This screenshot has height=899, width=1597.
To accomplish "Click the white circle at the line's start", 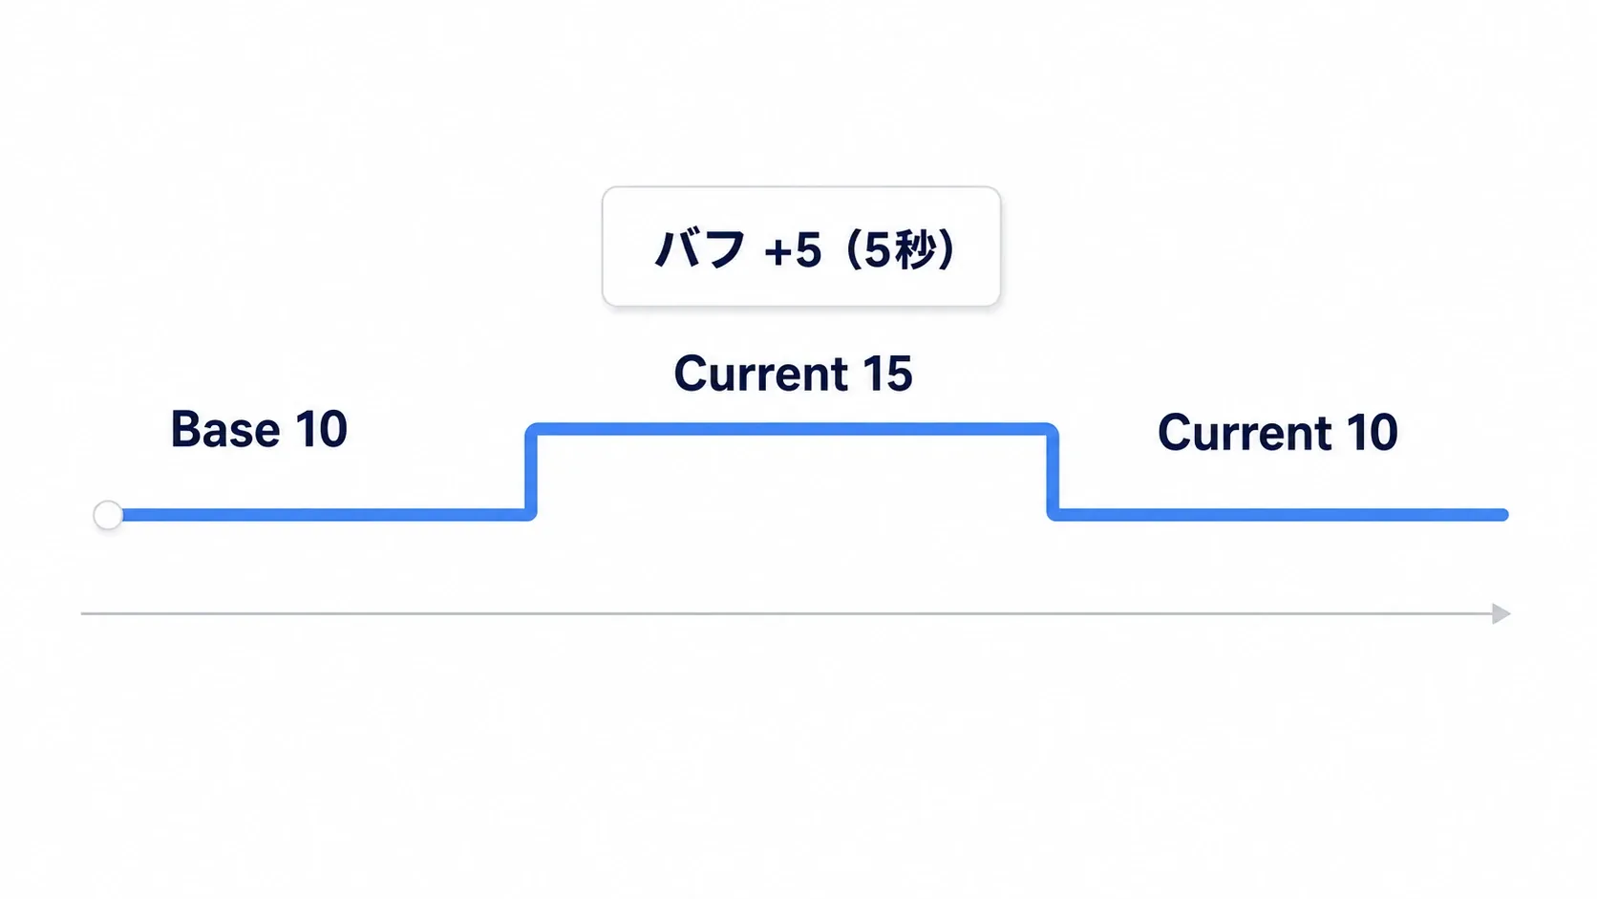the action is coord(108,515).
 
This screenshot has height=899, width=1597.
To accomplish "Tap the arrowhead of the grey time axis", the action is coord(1501,614).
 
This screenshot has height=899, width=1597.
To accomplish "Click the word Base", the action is coord(225,429).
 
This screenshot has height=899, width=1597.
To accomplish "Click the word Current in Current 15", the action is coord(760,374).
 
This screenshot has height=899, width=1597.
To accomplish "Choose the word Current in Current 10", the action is coord(1245,432).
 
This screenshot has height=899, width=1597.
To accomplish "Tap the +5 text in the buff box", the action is coord(793,251).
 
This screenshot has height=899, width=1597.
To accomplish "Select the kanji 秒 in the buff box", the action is coord(912,249).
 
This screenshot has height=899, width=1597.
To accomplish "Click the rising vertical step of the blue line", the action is coord(530,472).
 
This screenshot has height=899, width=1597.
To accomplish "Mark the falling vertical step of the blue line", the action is coord(1053,472).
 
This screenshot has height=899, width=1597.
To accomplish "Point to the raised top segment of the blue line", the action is coord(792,429).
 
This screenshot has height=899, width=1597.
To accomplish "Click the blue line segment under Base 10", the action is coord(325,515).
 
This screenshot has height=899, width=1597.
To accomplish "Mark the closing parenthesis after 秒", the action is coord(947,249).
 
